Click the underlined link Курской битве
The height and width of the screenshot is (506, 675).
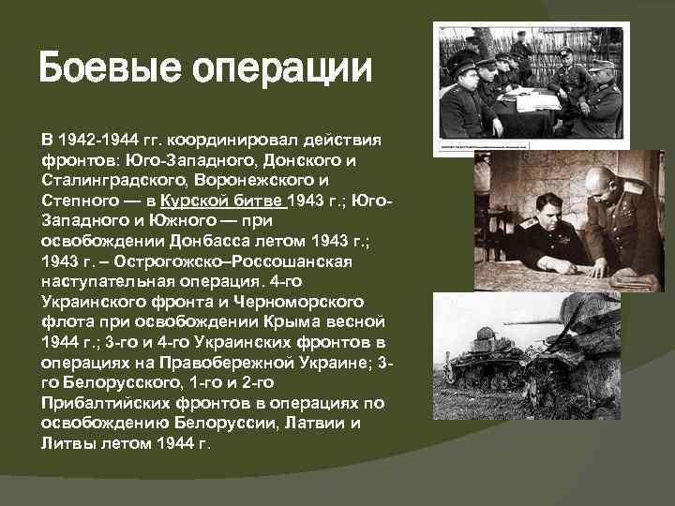pos(222,201)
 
